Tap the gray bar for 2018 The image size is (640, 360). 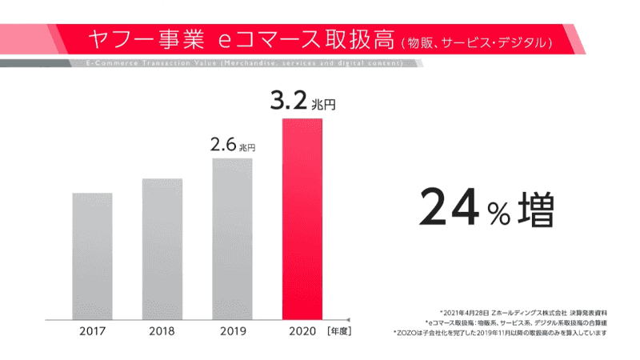[x=162, y=248]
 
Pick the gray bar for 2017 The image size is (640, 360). [x=92, y=255]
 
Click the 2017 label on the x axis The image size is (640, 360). [x=92, y=330]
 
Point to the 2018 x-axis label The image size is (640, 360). [x=162, y=330]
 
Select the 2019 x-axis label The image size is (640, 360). [x=232, y=330]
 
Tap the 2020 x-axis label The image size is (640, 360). [x=302, y=330]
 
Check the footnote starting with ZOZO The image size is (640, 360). [x=502, y=332]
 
